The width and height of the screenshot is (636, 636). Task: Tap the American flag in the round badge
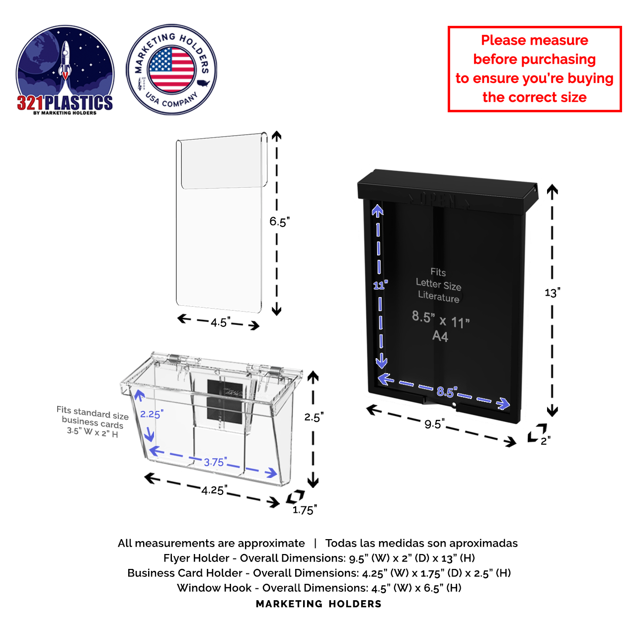(x=171, y=70)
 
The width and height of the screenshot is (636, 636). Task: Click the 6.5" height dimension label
(x=279, y=222)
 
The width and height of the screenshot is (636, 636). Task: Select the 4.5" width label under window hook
(x=220, y=322)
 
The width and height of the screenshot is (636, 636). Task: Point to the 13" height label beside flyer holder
(x=552, y=292)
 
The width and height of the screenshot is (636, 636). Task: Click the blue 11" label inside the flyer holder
(x=380, y=285)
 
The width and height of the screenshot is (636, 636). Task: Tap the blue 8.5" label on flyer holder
(x=446, y=392)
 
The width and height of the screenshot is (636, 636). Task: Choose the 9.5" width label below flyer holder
(x=434, y=424)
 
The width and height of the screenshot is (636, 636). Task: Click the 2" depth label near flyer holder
(x=545, y=441)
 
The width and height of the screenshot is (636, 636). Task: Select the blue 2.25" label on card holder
(x=152, y=414)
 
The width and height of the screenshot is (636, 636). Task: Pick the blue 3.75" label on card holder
(x=215, y=462)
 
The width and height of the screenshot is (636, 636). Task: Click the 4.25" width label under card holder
(x=214, y=490)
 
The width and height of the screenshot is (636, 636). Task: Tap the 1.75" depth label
(x=304, y=510)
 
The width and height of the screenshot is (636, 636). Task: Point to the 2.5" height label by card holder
(x=314, y=417)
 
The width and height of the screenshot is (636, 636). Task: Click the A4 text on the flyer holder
(x=440, y=336)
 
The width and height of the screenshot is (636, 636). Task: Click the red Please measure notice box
(x=534, y=69)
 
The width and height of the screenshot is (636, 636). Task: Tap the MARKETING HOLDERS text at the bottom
(x=318, y=604)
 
